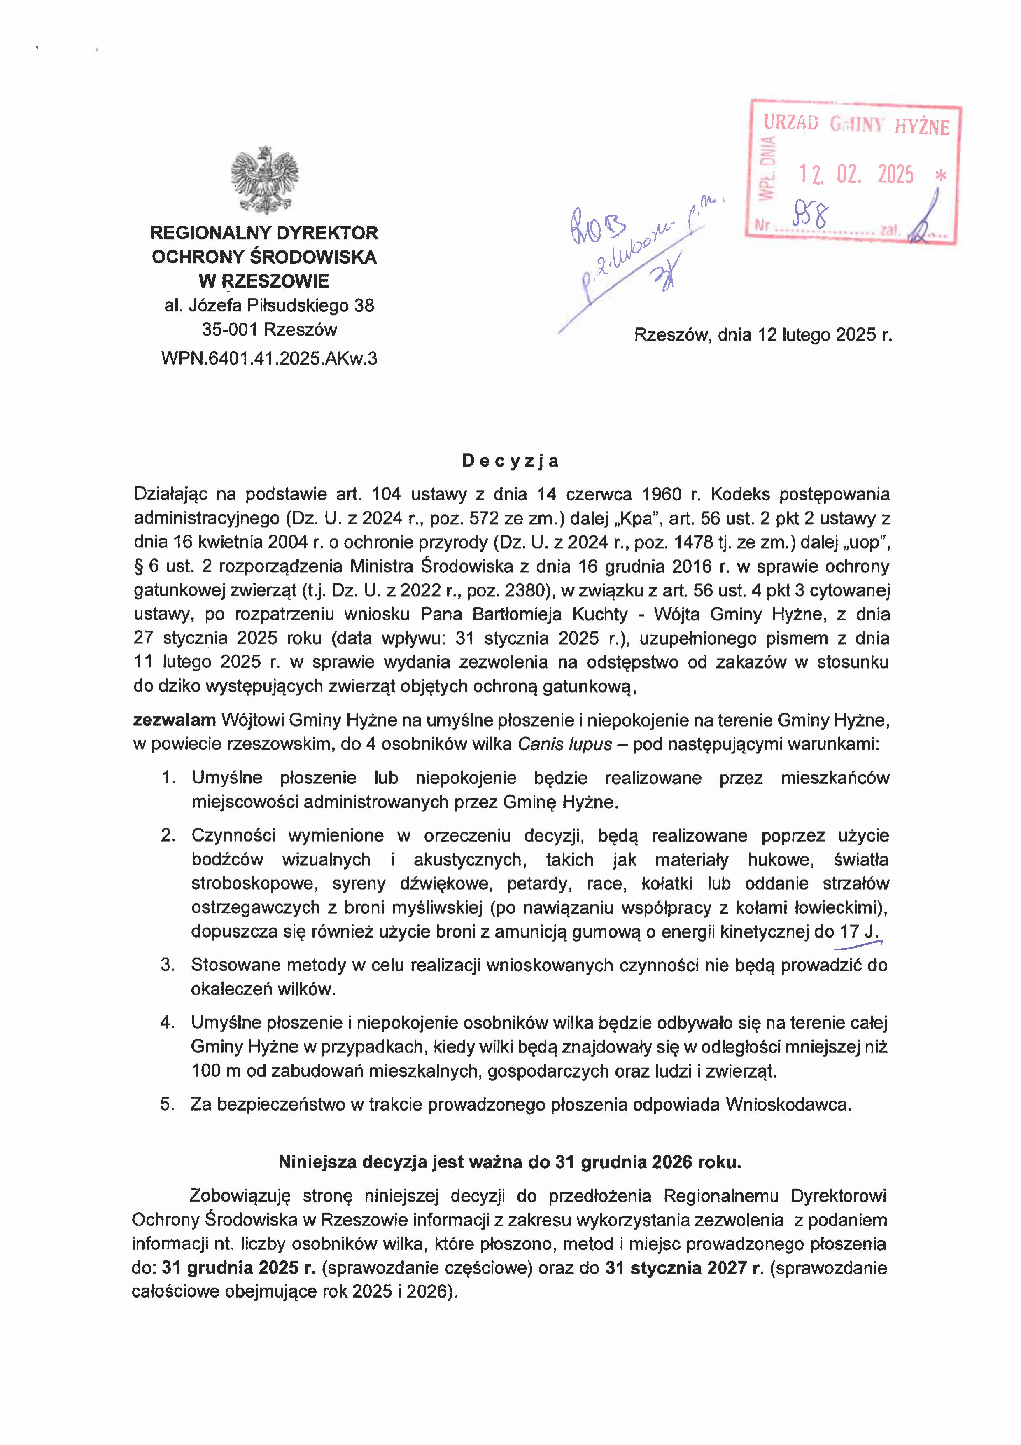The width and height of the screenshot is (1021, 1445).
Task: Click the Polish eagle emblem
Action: click(264, 180)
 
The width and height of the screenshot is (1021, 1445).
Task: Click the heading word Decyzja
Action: click(510, 461)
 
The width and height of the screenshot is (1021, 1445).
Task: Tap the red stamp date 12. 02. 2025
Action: click(856, 174)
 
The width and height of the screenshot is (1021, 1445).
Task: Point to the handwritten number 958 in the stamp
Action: click(811, 218)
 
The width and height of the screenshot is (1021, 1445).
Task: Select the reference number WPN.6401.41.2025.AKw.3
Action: click(269, 359)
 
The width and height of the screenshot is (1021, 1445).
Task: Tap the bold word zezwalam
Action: click(174, 720)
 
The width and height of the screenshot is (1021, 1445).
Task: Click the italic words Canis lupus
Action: click(564, 744)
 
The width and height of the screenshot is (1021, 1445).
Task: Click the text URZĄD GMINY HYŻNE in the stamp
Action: click(855, 125)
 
